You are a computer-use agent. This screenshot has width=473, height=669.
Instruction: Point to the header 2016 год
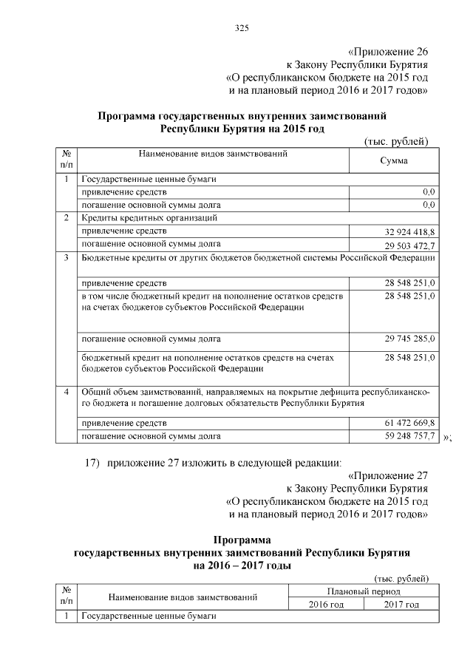326,605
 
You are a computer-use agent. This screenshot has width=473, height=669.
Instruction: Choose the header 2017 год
401,605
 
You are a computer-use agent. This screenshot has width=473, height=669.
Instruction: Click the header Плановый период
364,591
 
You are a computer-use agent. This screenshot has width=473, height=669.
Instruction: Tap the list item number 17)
92,463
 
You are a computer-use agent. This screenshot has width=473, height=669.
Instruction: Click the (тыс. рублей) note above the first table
396,141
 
